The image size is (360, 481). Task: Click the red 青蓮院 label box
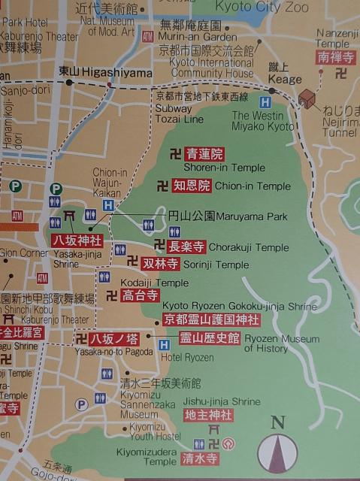(x=205, y=155)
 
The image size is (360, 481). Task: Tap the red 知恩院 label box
(x=192, y=186)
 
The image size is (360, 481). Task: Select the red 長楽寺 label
(x=186, y=247)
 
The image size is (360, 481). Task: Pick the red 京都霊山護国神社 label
(x=211, y=320)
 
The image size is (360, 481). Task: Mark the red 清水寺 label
(x=201, y=458)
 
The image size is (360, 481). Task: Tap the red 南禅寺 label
(x=334, y=56)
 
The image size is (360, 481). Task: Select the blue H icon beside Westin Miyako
(x=265, y=101)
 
